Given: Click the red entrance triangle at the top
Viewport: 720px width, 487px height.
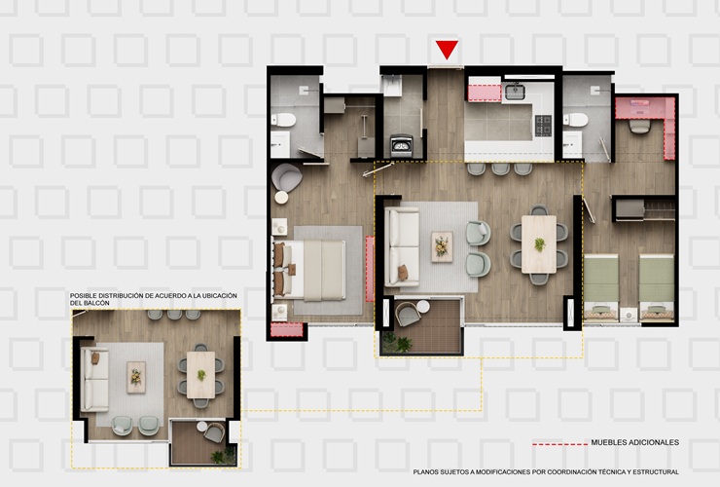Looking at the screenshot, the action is [x=447, y=50].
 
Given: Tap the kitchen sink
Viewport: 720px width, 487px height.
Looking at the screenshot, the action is [x=515, y=91].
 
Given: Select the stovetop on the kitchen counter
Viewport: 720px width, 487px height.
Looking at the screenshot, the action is [x=543, y=125].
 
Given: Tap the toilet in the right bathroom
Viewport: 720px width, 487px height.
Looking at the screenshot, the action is [x=575, y=120].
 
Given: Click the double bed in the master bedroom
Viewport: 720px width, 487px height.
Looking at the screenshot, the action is [x=309, y=270].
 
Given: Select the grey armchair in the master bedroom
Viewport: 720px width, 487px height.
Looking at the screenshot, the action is [x=286, y=177].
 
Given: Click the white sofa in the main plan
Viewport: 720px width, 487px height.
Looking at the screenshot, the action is [x=402, y=246].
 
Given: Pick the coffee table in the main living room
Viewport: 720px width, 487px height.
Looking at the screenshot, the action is [x=442, y=246].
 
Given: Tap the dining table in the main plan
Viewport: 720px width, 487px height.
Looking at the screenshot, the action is [x=539, y=244].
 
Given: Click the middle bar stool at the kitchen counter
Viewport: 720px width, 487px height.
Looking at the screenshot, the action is [x=500, y=169].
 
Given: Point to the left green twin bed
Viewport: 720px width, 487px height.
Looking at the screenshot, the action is [x=601, y=286].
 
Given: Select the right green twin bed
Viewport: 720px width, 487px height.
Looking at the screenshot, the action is [x=657, y=286].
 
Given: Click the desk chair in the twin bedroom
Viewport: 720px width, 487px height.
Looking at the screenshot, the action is [x=640, y=126].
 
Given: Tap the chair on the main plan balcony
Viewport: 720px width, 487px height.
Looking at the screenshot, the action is [x=408, y=314].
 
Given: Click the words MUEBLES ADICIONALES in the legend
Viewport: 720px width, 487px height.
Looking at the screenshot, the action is [x=634, y=442].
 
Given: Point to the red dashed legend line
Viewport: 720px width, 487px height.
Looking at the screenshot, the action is [x=559, y=444].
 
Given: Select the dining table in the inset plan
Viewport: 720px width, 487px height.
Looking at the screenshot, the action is [x=200, y=375].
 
